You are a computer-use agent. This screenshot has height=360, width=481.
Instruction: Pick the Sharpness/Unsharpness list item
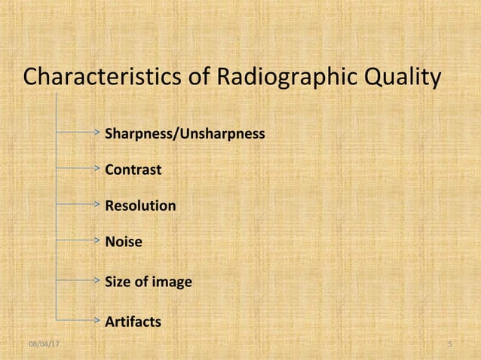click(x=184, y=134)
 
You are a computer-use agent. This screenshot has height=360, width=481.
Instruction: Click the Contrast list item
click(x=133, y=170)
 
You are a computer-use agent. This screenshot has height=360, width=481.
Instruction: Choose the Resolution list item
click(x=140, y=206)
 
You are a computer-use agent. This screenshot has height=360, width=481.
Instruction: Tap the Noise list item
click(x=123, y=242)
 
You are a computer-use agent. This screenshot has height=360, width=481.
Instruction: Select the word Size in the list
click(x=117, y=282)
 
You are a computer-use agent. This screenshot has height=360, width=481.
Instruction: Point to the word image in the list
click(x=172, y=282)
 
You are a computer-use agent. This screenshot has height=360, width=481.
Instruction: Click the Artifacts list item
click(x=133, y=322)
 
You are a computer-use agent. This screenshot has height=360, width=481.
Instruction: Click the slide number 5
click(x=449, y=345)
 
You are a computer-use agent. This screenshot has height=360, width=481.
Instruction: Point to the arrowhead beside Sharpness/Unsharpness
click(x=97, y=131)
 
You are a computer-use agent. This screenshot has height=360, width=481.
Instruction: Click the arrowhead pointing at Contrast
click(x=97, y=166)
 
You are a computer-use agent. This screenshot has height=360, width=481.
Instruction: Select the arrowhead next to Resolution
click(x=97, y=203)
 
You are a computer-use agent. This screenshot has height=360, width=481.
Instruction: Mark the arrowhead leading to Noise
click(x=97, y=239)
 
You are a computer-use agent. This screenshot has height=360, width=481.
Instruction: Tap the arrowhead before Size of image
click(x=97, y=279)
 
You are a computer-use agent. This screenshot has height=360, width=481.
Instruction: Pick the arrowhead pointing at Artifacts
click(x=97, y=319)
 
